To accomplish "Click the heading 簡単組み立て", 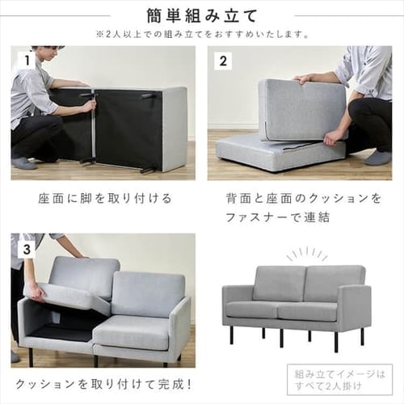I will (202, 15).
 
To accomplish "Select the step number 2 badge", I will (224, 59).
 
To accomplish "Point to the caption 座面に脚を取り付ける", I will (104, 198).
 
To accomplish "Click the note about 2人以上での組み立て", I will (202, 34).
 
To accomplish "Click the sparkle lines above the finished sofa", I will (308, 254).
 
